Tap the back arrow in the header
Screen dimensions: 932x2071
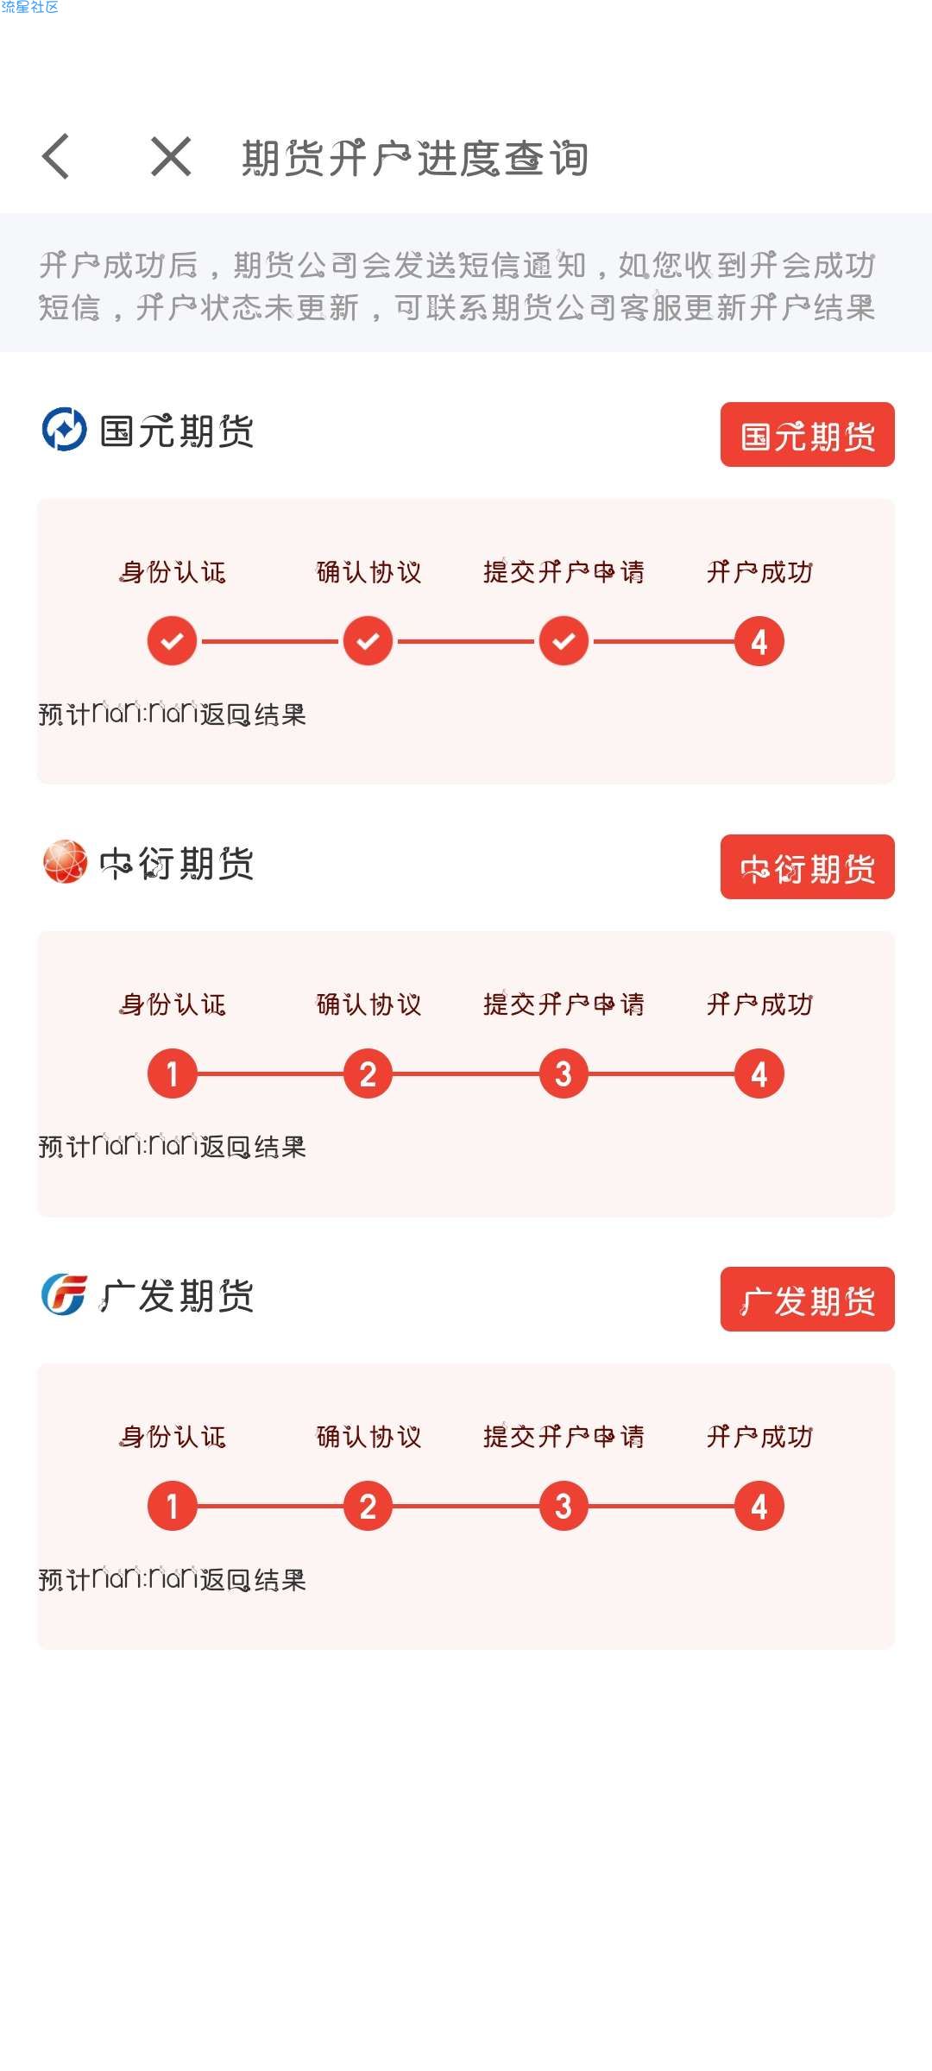pos(55,157)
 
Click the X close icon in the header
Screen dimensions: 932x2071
pos(171,157)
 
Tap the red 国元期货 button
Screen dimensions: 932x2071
pos(807,435)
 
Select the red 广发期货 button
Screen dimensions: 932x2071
pos(807,1300)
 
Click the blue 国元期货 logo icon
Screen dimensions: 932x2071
pos(65,430)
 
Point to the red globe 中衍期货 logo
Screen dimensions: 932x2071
pos(65,862)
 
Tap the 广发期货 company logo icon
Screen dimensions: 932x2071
pos(65,1294)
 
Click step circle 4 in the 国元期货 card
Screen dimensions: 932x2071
pos(759,641)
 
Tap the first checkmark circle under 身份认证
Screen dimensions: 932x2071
pos(173,641)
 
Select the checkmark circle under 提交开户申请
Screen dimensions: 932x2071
pos(564,641)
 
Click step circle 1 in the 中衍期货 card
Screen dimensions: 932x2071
pos(173,1073)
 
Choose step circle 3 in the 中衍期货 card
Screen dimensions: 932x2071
pos(564,1073)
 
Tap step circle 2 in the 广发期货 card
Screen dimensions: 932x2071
pos(368,1506)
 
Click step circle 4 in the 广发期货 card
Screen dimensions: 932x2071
pos(759,1506)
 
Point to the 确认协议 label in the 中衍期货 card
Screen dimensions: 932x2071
pos(368,1004)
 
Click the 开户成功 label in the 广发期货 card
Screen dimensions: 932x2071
pos(759,1437)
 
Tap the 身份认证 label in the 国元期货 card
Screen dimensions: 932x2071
pos(173,572)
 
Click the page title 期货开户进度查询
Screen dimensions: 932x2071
pos(415,158)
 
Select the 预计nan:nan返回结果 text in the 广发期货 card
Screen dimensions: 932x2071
pos(173,1578)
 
